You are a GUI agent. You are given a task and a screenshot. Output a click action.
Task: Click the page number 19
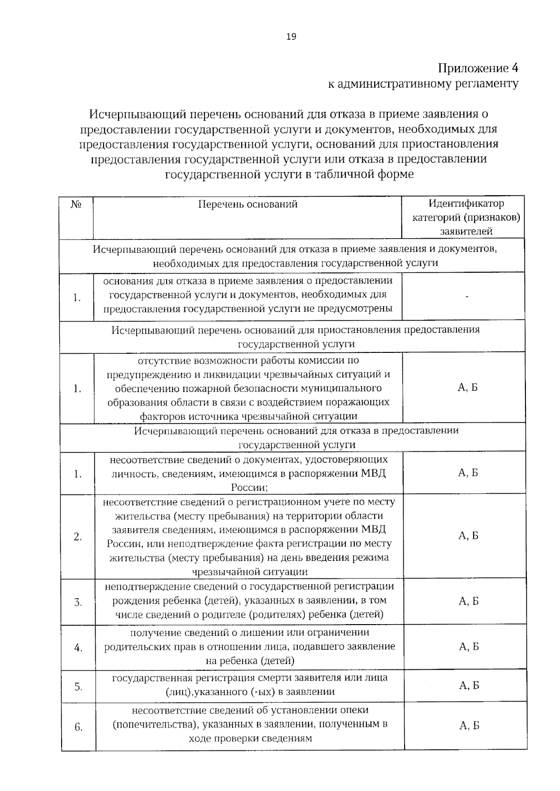(291, 37)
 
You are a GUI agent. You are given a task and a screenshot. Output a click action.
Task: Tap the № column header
(76, 204)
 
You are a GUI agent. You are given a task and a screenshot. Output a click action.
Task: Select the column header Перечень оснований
(248, 204)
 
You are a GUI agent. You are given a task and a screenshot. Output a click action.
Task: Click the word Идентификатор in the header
(466, 204)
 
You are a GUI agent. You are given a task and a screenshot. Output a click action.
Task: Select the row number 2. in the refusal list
(77, 537)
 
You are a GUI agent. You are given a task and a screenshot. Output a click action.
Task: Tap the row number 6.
(78, 727)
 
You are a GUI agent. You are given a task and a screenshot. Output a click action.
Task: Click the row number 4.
(78, 648)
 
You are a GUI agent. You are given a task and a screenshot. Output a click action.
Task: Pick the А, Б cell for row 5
(469, 685)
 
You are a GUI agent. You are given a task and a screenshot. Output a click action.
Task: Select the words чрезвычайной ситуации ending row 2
(250, 571)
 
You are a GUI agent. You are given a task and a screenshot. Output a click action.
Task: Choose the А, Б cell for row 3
(469, 601)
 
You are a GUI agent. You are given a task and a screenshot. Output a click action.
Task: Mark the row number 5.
(78, 687)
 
